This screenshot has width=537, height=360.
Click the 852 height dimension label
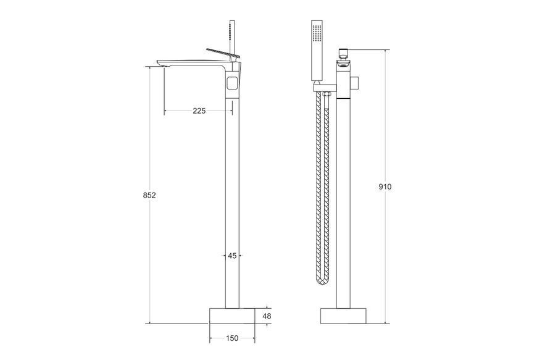149,195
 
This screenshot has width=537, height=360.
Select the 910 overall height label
385,186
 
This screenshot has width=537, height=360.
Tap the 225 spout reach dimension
199,111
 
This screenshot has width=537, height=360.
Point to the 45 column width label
232,256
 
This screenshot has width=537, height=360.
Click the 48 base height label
267,316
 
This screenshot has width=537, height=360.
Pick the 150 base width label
232,338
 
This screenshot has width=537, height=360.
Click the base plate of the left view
232,316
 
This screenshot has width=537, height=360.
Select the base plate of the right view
343,316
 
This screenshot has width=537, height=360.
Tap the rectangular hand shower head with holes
317,51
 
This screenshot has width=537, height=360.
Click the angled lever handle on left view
223,53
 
